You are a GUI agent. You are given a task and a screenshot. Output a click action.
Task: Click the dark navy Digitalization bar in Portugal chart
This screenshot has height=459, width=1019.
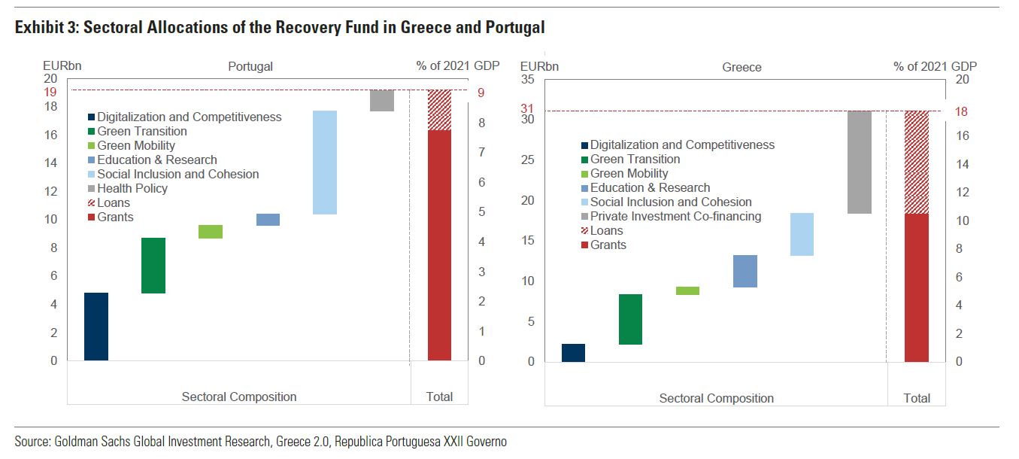(96, 327)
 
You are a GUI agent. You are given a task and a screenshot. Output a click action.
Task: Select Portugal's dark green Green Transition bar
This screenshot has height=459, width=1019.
(153, 266)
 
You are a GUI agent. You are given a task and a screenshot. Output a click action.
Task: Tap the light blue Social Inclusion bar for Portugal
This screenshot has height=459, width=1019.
(325, 163)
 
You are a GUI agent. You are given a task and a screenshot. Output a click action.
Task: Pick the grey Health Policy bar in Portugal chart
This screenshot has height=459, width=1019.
(382, 101)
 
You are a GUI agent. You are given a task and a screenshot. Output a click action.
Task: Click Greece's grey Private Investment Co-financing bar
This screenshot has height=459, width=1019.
(859, 162)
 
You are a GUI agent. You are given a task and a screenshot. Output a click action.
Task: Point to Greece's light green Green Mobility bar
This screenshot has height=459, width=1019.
(687, 290)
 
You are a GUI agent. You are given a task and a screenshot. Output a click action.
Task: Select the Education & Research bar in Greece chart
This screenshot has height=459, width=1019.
(745, 271)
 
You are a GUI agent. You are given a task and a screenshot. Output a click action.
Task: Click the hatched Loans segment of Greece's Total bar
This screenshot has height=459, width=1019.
(916, 162)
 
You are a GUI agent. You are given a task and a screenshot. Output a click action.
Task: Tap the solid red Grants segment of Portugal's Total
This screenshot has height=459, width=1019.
(439, 245)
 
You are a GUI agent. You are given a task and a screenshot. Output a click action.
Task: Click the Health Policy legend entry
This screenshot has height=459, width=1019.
(132, 189)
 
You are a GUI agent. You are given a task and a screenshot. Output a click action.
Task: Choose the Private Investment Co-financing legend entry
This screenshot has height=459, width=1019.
(675, 217)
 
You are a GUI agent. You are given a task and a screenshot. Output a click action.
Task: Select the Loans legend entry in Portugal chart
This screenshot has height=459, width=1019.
(114, 203)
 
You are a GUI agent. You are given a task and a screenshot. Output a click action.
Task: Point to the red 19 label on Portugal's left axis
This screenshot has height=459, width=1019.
(50, 93)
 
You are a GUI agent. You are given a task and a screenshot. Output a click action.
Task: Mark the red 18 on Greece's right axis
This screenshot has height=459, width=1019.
(962, 112)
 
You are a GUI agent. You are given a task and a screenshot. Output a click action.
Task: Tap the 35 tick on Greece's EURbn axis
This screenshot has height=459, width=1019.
(527, 80)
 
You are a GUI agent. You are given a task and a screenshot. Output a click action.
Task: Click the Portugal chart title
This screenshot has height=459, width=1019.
(250, 67)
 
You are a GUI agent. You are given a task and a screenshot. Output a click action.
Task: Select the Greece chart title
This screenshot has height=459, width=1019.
(742, 68)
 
